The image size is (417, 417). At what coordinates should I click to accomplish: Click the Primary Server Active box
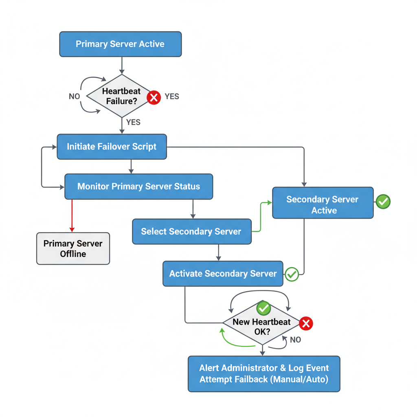[x=121, y=44]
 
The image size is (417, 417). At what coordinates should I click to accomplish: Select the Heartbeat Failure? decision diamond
[x=121, y=97]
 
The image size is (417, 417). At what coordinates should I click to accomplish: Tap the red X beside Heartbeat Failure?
[x=154, y=97]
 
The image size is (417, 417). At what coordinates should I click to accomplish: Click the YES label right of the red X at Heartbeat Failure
[x=171, y=97]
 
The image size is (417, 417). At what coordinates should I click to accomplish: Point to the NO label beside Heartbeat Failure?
[x=74, y=97]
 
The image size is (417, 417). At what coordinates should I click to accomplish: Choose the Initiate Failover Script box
[x=112, y=147]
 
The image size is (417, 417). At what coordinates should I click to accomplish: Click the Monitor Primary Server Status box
[x=138, y=187]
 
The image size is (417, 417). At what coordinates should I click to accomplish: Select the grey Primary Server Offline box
[x=73, y=248]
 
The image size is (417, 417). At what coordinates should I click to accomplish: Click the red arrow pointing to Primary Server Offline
[x=72, y=216]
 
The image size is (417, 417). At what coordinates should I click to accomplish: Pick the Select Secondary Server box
[x=191, y=232]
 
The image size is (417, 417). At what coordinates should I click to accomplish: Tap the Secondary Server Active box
[x=323, y=204]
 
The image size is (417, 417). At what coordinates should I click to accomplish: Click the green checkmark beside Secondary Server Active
[x=383, y=201]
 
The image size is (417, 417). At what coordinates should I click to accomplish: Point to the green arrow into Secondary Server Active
[x=261, y=216]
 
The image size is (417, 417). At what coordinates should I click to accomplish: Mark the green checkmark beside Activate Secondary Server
[x=292, y=274]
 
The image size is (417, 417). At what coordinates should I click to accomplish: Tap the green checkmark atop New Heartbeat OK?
[x=263, y=307]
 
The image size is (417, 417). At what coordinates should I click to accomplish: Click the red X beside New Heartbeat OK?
[x=306, y=324]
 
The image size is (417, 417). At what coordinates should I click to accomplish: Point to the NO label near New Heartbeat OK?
[x=295, y=340]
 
